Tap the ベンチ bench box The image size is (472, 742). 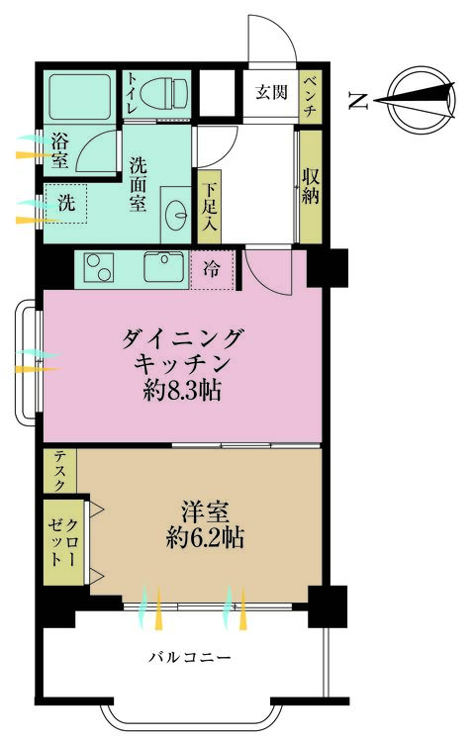pos(309,97)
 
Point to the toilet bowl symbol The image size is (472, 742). pos(162,92)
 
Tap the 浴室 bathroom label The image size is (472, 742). pos(58,153)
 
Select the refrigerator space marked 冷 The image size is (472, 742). pos(212,267)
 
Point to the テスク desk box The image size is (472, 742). pos(59,472)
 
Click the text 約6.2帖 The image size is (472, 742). pos(207,540)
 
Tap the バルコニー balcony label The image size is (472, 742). pos(190,656)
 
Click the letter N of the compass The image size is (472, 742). pos(358,99)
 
